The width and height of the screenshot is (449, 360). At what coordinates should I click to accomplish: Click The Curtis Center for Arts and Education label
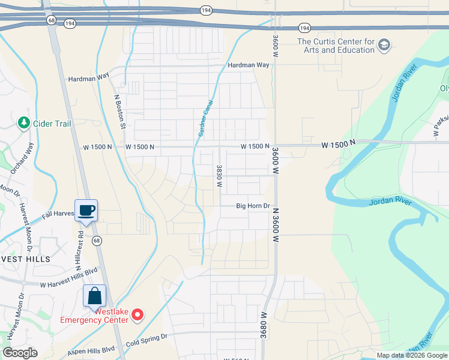(336, 46)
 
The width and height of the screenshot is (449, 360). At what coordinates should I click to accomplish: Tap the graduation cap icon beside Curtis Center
(384, 45)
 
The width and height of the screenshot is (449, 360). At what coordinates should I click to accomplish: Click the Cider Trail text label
(52, 124)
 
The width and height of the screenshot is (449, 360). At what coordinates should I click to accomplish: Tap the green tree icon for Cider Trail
(24, 123)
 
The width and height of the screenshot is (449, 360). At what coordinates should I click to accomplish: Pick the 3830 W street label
(220, 176)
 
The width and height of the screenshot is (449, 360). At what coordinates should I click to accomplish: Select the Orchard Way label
(22, 158)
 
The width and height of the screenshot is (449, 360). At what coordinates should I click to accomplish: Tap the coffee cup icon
(86, 210)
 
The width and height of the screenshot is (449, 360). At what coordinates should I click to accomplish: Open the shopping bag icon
(94, 296)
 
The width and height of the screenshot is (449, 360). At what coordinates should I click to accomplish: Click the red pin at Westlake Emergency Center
(137, 314)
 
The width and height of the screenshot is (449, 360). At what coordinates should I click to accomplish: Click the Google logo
(20, 353)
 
